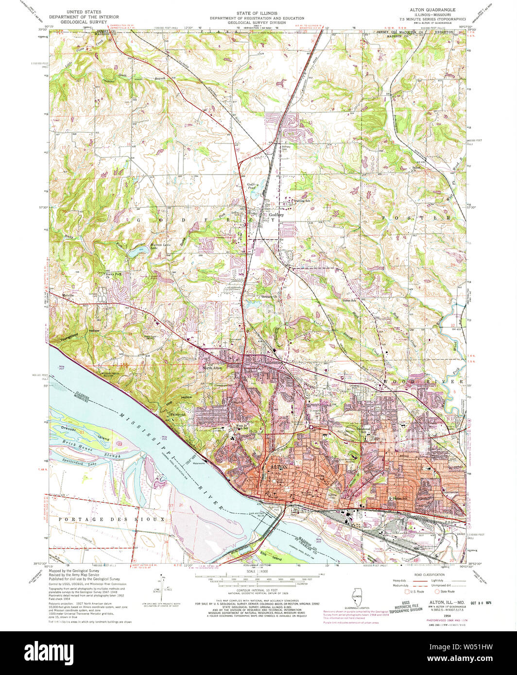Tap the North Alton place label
point(212,368)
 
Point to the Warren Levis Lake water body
point(132,253)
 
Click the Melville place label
point(70,295)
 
